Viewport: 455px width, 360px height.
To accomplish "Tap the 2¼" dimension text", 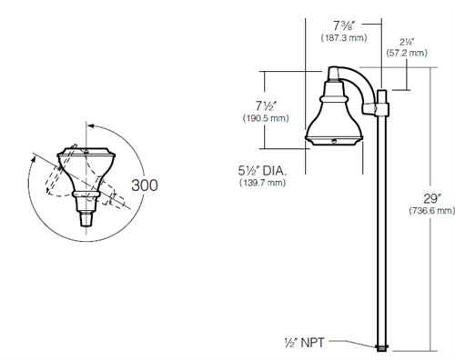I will point(406,42).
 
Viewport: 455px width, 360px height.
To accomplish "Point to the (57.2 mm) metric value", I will point(406,55).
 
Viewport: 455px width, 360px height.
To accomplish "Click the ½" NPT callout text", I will point(308,343).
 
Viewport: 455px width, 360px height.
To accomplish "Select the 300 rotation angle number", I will point(145,185).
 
